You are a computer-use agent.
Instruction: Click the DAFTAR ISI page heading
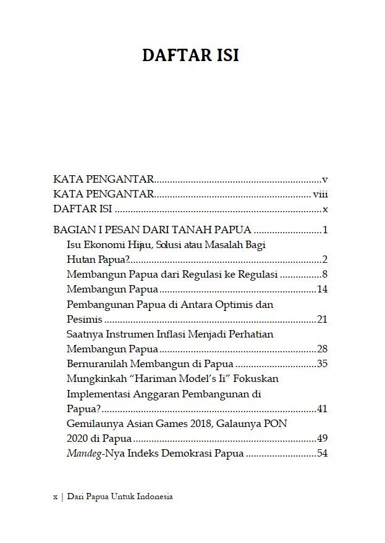click(190, 55)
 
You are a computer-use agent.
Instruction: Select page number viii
click(319, 194)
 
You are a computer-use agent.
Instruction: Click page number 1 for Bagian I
click(324, 230)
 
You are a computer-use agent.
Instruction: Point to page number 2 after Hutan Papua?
click(324, 259)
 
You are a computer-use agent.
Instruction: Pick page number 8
click(324, 274)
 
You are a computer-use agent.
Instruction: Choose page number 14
click(321, 289)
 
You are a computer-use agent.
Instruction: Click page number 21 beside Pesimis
click(321, 319)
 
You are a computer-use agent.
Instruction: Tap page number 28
click(321, 349)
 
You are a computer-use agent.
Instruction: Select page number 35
click(321, 363)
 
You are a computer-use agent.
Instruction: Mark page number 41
click(321, 408)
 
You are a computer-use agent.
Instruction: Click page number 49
click(321, 439)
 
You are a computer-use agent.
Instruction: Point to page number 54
click(321, 454)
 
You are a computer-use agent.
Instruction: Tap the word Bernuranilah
click(96, 363)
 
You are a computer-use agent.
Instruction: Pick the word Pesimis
click(83, 319)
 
